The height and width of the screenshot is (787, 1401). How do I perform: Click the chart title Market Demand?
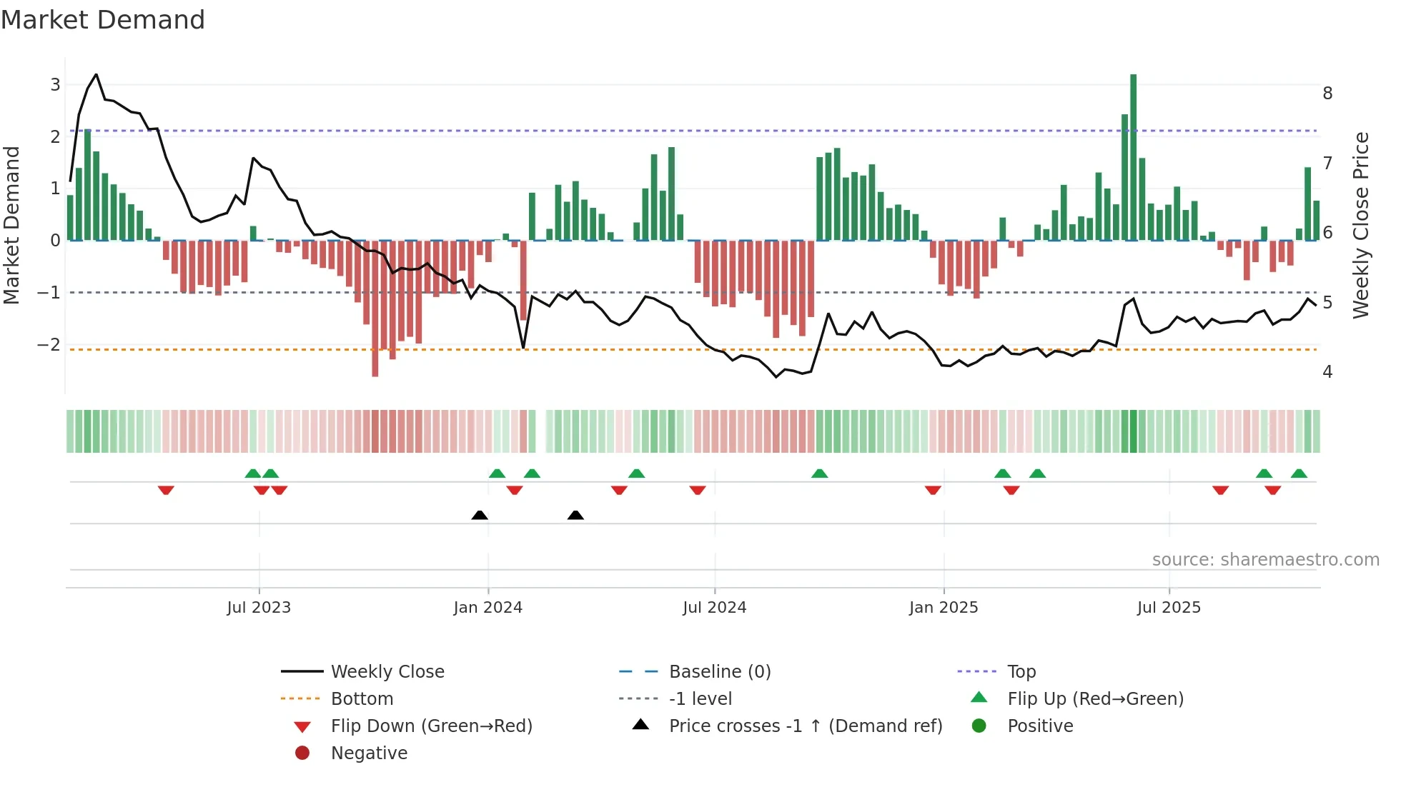click(103, 20)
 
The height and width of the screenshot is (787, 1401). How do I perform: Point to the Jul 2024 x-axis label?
click(714, 608)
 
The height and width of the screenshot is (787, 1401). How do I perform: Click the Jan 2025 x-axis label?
click(944, 608)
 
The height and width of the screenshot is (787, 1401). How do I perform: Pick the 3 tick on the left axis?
click(55, 85)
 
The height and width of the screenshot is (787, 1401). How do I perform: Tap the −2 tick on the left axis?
click(49, 345)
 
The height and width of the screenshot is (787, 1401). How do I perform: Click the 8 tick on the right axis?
click(1327, 94)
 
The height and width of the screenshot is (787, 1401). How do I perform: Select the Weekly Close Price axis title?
click(1361, 225)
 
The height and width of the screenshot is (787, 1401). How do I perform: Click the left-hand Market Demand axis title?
click(11, 225)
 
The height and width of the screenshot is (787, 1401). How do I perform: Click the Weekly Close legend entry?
click(387, 672)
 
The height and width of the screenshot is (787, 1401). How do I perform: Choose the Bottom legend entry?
click(362, 699)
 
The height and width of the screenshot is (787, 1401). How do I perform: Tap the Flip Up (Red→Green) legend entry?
click(1094, 699)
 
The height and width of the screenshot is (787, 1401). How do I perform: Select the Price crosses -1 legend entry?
click(805, 726)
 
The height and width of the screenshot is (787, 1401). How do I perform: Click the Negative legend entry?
click(369, 753)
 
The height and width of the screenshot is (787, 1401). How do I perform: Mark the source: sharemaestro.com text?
click(1265, 560)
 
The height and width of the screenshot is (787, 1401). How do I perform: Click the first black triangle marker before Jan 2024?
click(480, 515)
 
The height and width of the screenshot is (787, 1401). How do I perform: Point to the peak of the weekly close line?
click(96, 74)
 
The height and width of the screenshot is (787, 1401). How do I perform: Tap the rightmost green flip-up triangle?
click(1299, 473)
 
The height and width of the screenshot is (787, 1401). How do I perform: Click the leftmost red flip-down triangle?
click(166, 490)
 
